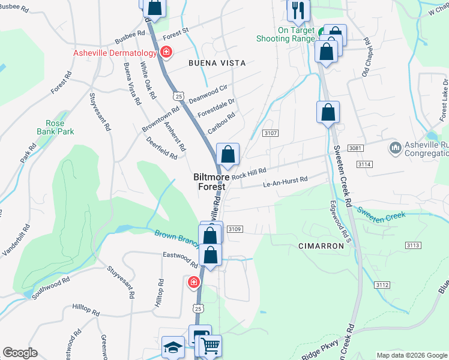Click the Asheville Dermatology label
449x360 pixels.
click(116, 53)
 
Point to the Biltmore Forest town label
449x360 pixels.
click(209, 182)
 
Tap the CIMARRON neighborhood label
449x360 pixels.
click(321, 247)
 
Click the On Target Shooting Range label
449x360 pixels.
click(285, 34)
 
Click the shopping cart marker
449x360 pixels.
click(210, 345)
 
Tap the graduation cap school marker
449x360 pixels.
click(173, 347)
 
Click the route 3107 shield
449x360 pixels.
click(270, 133)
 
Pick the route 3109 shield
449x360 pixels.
click(235, 229)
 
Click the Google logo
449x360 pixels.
click(20, 353)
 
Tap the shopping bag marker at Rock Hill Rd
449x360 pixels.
click(228, 155)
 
